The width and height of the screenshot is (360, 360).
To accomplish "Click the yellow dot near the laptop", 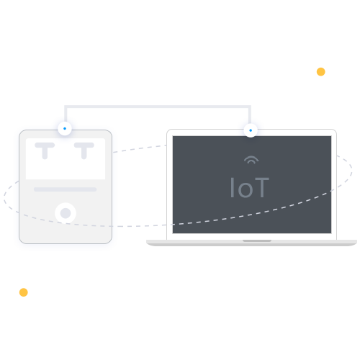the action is (x=321, y=72).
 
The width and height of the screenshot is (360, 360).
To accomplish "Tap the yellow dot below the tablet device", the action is (x=24, y=292).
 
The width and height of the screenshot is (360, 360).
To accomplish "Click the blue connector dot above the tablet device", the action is (x=65, y=129).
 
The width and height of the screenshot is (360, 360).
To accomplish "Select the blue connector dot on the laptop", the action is (x=251, y=130).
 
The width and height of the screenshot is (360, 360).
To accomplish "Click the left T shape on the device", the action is (x=45, y=150).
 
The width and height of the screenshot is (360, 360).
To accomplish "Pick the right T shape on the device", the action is (x=84, y=150).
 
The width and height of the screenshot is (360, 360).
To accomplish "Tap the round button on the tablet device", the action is (x=66, y=213).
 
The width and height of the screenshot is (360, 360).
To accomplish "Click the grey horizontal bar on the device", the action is (x=66, y=189).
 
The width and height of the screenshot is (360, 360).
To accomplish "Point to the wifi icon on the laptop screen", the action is (x=251, y=160).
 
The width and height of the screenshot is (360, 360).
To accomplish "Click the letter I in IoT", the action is (x=232, y=188).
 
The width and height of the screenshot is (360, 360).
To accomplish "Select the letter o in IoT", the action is (x=245, y=191).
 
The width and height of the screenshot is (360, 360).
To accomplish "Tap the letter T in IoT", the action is (x=261, y=188).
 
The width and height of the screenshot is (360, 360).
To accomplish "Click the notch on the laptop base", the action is (x=257, y=240).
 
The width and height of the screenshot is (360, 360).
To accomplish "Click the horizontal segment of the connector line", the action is (x=158, y=107).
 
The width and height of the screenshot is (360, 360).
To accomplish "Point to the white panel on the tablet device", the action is (x=66, y=158).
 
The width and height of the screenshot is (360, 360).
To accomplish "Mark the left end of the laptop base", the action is (x=147, y=242).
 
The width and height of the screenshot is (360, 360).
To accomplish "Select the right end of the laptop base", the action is (x=356, y=242).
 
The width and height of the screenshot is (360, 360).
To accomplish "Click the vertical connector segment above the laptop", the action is (x=250, y=115).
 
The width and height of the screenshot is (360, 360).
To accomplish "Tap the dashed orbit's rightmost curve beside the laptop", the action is (x=351, y=170).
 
